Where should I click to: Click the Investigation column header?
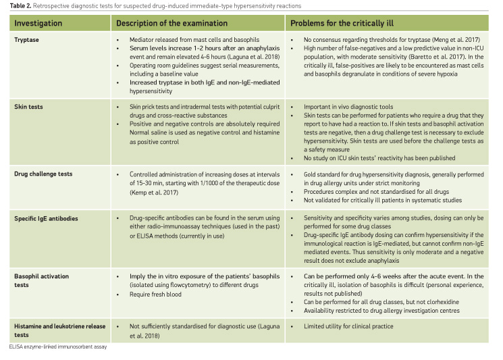(x=45, y=23)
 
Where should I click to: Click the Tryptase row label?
(x=30, y=39)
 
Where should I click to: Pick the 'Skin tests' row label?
(x=32, y=107)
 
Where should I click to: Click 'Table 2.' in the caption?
(x=15, y=5)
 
